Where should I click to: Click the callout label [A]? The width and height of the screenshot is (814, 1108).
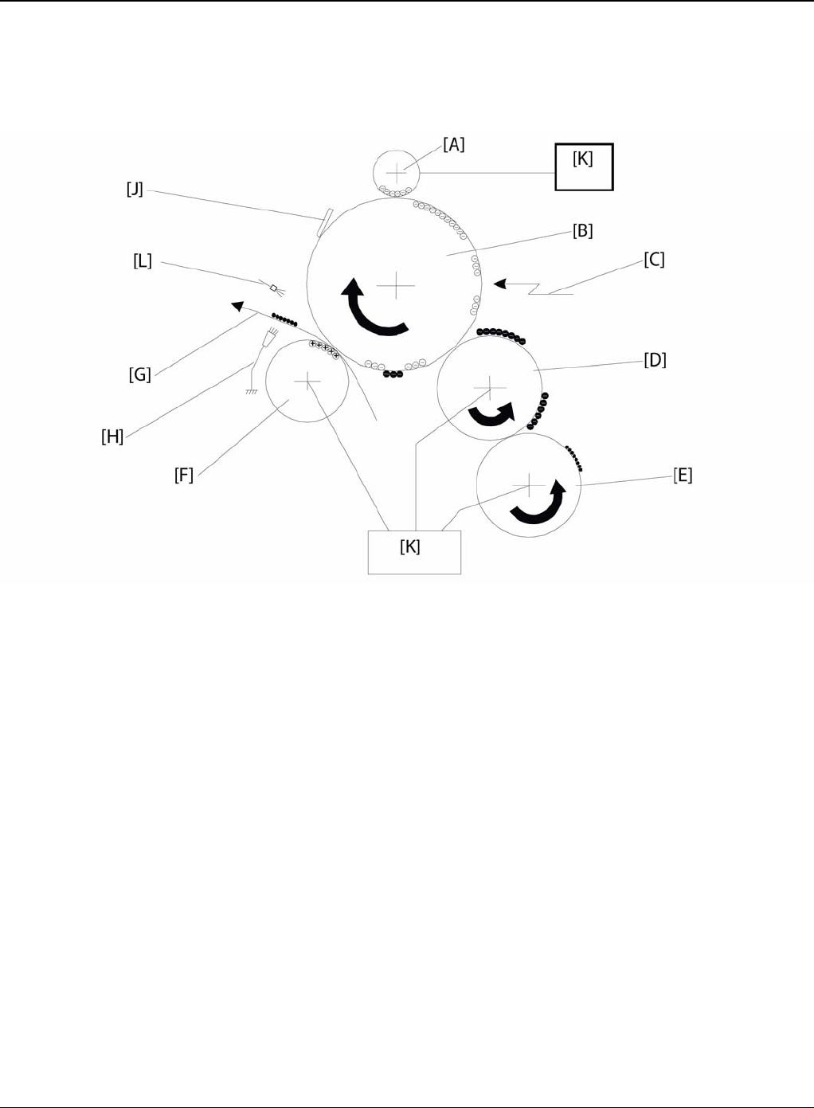454,144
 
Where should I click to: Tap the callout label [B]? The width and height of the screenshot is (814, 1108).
583,231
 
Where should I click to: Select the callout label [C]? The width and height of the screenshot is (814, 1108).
654,260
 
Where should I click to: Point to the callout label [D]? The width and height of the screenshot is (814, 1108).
655,359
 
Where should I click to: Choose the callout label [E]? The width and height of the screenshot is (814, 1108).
683,476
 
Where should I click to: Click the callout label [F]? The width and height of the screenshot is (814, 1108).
184,476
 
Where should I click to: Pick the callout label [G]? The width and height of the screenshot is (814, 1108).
140,374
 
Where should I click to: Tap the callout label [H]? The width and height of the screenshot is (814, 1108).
112,436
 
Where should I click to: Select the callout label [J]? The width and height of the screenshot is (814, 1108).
135,189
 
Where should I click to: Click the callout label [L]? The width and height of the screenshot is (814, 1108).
143,260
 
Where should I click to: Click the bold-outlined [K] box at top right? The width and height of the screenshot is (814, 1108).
584,166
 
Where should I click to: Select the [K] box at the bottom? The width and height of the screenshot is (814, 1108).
414,551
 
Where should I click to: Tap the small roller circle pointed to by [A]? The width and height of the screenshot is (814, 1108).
397,171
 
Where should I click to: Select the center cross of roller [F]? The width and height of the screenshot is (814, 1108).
307,382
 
